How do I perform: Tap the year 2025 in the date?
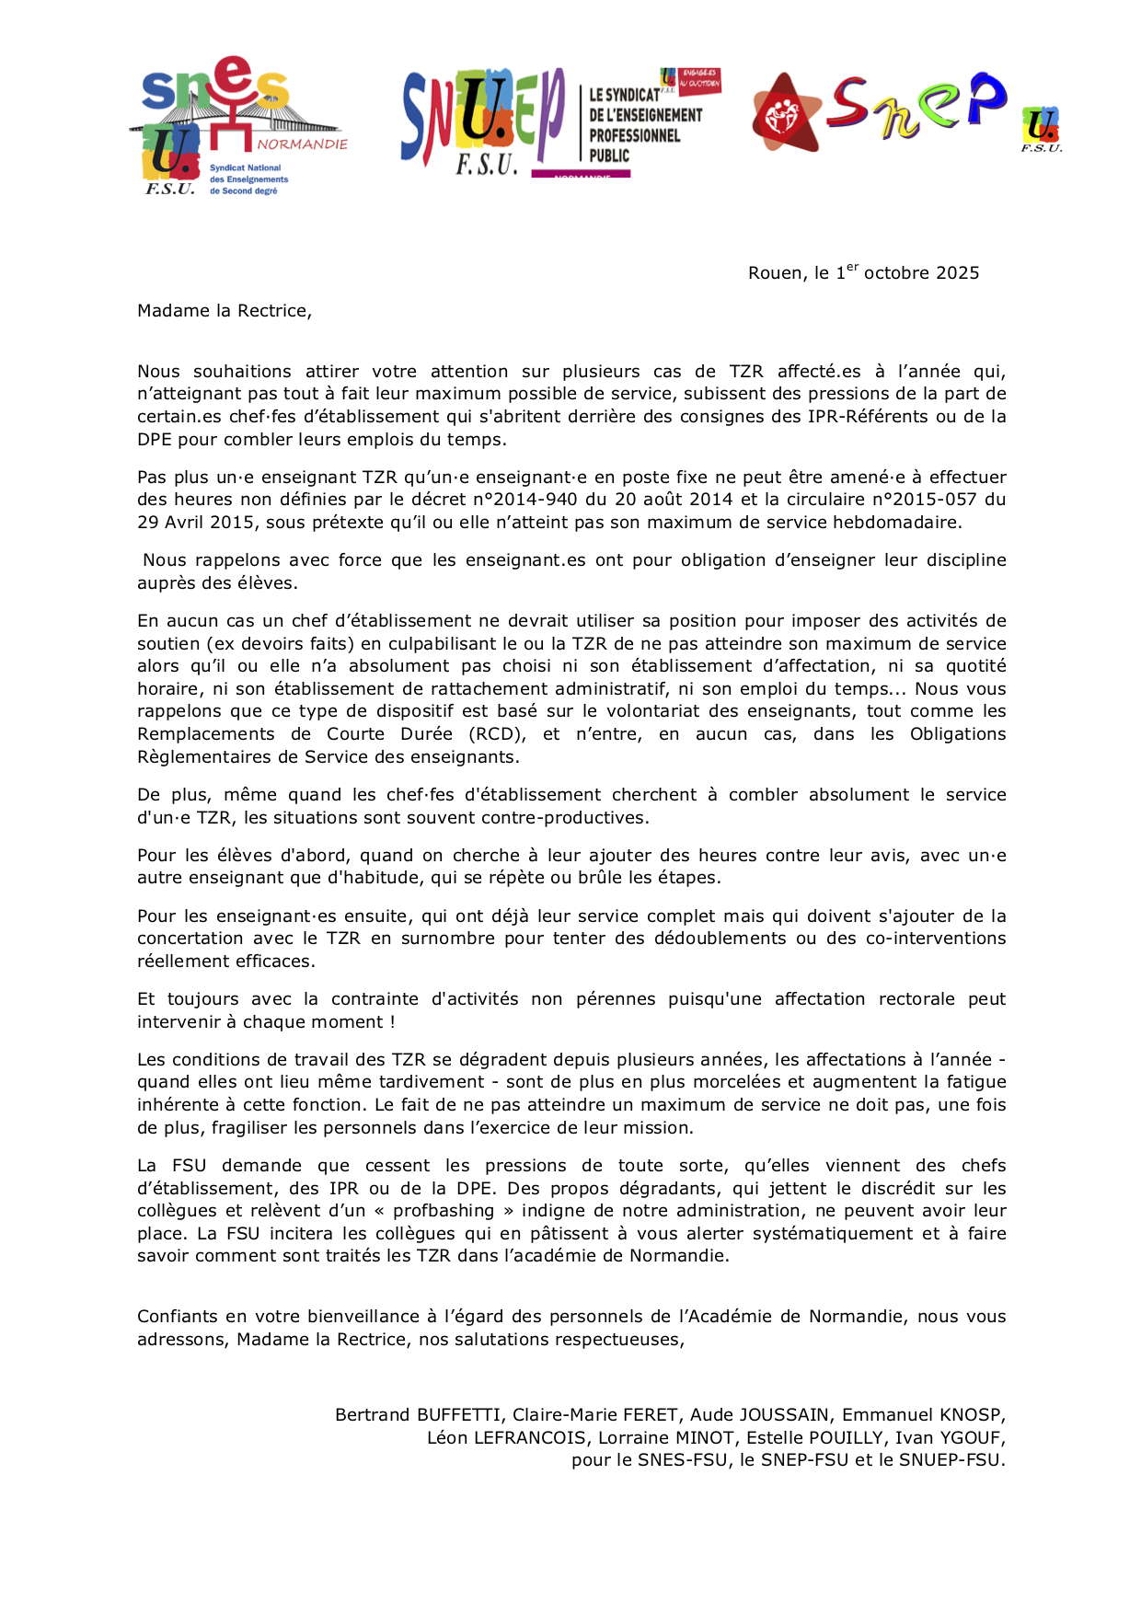click(957, 273)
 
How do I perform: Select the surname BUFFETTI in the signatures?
click(460, 1415)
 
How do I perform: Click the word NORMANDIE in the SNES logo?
click(302, 144)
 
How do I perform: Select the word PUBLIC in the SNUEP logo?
click(609, 156)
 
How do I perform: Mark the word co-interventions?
click(936, 939)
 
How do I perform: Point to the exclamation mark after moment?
click(392, 1022)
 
